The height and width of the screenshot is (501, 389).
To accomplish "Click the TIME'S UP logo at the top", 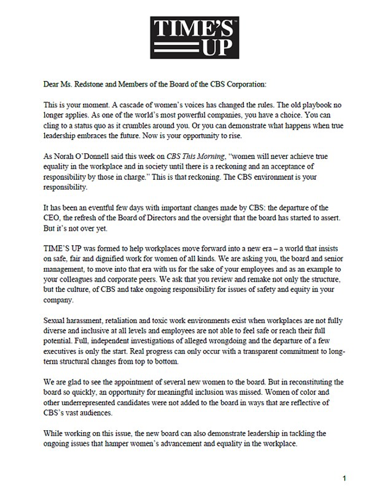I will tap(194, 37).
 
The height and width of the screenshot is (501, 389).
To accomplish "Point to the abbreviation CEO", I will tap(52, 218).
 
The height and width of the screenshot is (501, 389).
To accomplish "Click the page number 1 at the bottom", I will tap(344, 478).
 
